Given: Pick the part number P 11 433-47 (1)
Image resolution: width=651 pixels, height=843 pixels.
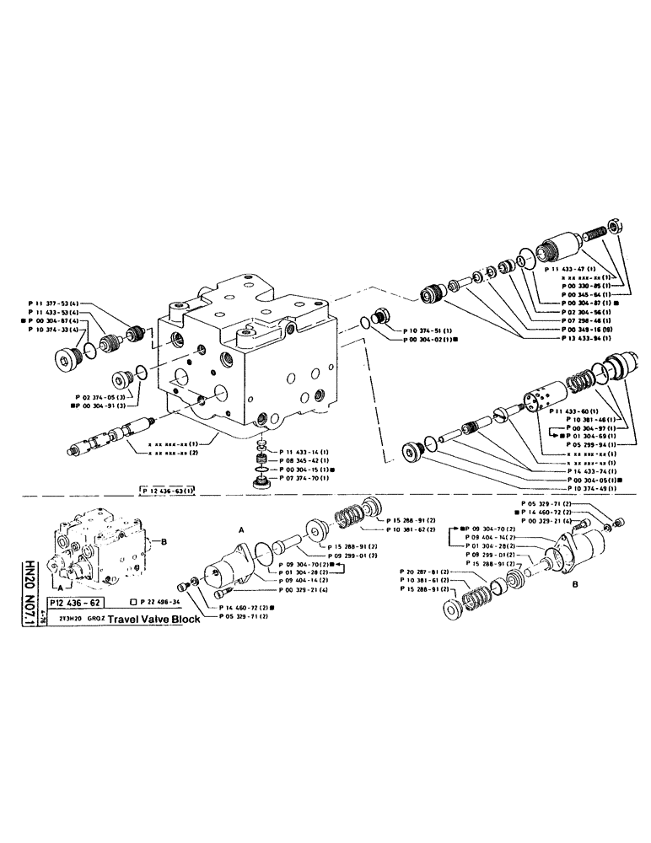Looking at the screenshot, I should (571, 268).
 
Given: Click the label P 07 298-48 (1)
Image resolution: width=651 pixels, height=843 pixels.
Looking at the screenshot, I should (571, 319).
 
